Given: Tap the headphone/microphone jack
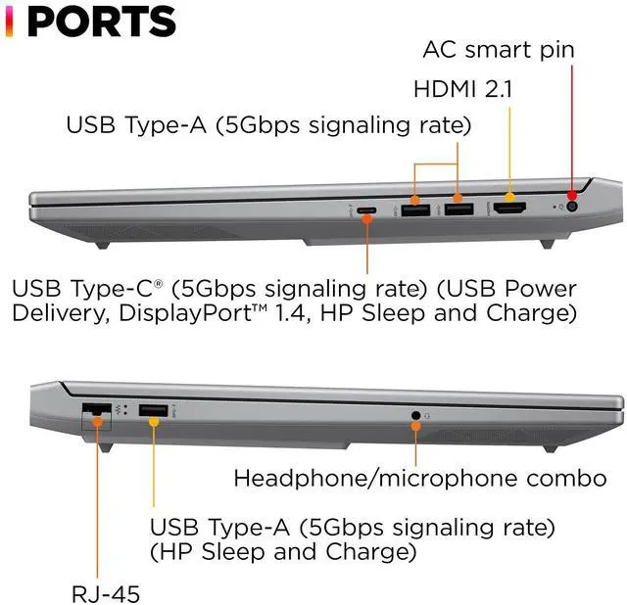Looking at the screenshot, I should coord(415,416).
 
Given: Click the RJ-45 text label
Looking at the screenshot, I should coord(106,592).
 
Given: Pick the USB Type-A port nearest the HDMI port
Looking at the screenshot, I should coord(457,209).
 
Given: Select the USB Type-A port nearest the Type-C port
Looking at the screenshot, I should coord(414,209).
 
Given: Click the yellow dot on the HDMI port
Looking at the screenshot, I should coord(508,194).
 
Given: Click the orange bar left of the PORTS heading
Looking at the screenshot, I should coord(9,21).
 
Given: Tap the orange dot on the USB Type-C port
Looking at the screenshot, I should coord(366,219).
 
